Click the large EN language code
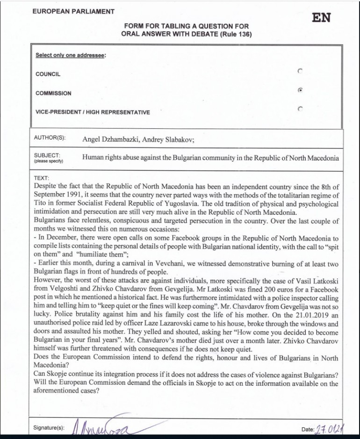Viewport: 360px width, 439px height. click(321, 18)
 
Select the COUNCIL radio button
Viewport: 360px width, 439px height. click(300, 71)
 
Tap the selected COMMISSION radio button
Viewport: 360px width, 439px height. click(300, 90)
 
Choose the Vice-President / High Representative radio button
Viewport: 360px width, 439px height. click(300, 109)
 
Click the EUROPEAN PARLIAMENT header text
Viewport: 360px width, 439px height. click(73, 11)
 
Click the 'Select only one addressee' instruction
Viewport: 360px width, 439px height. click(71, 55)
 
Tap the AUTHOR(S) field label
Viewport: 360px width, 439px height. click(50, 138)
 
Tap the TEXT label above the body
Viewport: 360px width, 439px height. click(42, 178)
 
